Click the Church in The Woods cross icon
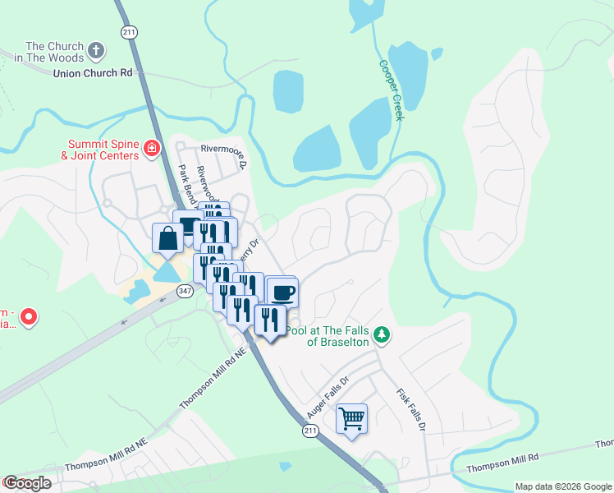click(96, 51)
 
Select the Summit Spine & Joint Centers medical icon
click(151, 148)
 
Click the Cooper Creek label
click(392, 90)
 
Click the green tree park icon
click(381, 334)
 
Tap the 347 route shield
click(184, 290)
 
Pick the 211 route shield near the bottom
click(309, 430)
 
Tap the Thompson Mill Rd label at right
click(502, 463)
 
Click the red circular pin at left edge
click(28, 316)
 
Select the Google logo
click(26, 483)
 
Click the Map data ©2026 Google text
click(562, 486)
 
